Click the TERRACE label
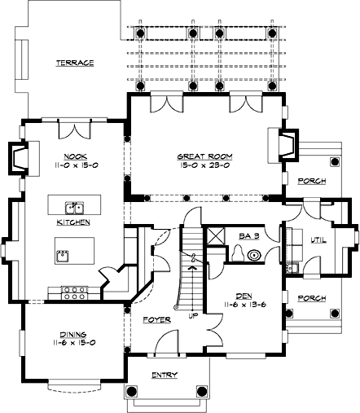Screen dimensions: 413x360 pyautogui.click(x=74, y=63)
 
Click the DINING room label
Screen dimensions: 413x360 pyautogui.click(x=74, y=332)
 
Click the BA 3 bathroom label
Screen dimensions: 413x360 pyautogui.click(x=248, y=235)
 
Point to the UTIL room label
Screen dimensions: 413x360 pyautogui.click(x=318, y=239)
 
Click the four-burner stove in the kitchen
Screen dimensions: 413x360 pyautogui.click(x=75, y=289)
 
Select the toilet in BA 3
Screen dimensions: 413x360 pyautogui.click(x=235, y=254)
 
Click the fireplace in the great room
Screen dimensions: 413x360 pyautogui.click(x=287, y=144)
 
